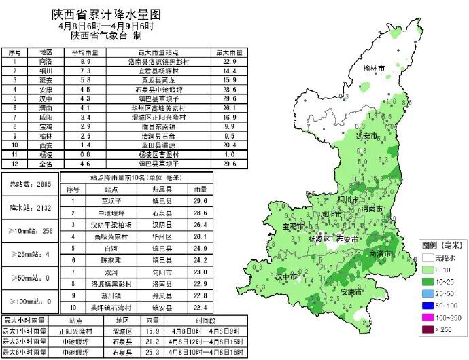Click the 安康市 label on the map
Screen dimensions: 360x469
352,292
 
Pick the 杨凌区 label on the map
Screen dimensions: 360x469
317,240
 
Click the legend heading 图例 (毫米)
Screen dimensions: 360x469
441,244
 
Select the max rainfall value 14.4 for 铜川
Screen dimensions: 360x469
229,70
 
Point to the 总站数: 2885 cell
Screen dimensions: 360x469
30,184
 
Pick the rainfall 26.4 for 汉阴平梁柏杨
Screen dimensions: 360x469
200,224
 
